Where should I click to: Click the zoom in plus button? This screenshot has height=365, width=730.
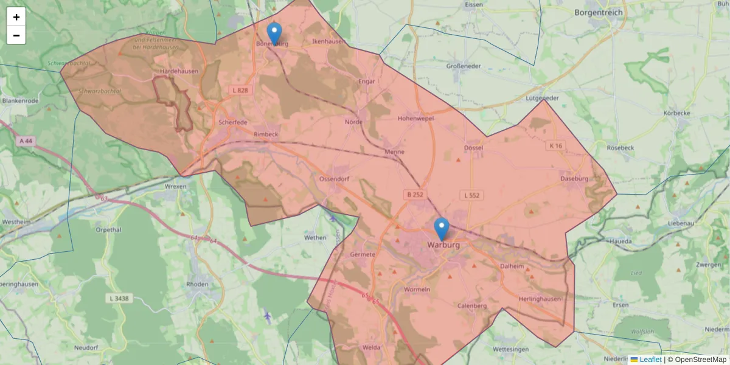[16, 17]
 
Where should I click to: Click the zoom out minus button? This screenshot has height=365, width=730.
[16, 35]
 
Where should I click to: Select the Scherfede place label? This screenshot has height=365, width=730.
[232, 122]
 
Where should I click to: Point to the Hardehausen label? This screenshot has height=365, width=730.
[179, 71]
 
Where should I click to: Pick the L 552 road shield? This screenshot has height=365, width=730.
[471, 195]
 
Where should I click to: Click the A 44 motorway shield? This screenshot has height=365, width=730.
[26, 141]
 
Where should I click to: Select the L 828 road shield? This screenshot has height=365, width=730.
[240, 90]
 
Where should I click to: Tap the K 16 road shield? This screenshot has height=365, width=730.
[555, 146]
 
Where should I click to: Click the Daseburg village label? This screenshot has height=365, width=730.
[574, 179]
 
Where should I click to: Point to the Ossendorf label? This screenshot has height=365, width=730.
[334, 179]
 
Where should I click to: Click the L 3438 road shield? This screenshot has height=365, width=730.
[119, 298]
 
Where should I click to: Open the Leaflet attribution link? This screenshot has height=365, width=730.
[650, 360]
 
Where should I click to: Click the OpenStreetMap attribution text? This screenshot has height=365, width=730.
[700, 360]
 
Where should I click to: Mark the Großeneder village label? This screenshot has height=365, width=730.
[464, 66]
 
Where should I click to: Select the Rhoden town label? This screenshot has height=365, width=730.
[198, 284]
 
